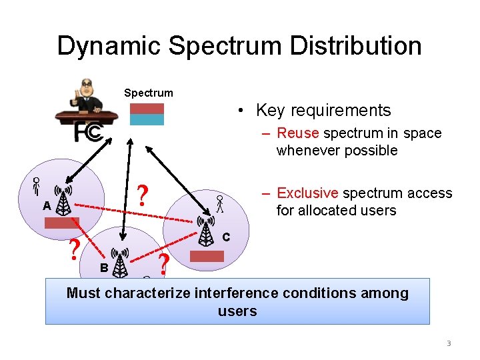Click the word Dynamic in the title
(x=109, y=46)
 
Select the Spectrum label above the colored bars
(x=148, y=93)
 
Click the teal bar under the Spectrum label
(x=146, y=120)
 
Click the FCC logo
(x=88, y=132)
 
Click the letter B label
(x=103, y=267)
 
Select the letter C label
(x=226, y=237)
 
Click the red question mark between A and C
(x=141, y=195)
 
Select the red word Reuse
(x=296, y=133)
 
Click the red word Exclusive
(x=307, y=193)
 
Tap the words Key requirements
(x=323, y=110)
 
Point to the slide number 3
(x=449, y=343)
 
